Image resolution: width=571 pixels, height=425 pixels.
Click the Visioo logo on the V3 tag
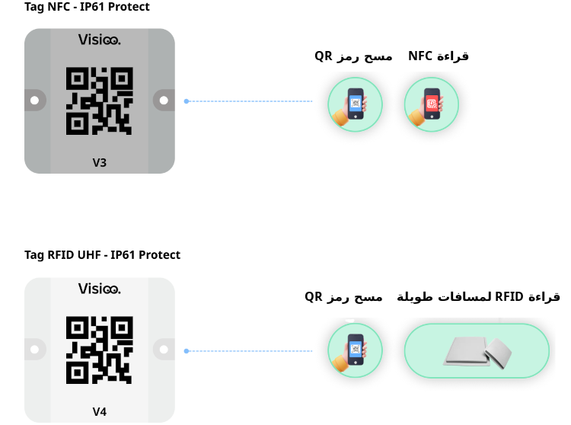click(99, 40)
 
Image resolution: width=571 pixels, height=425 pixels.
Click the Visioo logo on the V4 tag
click(99, 289)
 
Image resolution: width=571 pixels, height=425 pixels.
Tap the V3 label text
click(99, 162)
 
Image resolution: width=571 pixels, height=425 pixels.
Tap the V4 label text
click(99, 412)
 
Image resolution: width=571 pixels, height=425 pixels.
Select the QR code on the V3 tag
click(99, 101)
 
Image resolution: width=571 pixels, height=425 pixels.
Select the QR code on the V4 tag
click(99, 350)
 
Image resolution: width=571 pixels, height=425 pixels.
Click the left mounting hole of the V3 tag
click(34, 101)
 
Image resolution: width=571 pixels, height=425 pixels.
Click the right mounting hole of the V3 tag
click(164, 101)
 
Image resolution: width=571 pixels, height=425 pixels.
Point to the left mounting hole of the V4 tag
click(34, 350)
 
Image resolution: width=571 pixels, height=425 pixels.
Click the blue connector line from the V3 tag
click(251, 101)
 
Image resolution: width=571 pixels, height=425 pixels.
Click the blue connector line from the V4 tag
click(251, 351)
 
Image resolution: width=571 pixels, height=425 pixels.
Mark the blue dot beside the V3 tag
click(186, 101)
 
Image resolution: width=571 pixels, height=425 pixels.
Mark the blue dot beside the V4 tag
click(186, 351)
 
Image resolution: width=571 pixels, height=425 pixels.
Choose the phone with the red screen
click(432, 104)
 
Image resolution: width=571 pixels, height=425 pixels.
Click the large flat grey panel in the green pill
click(466, 351)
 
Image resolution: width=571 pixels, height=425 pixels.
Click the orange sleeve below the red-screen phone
click(416, 117)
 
